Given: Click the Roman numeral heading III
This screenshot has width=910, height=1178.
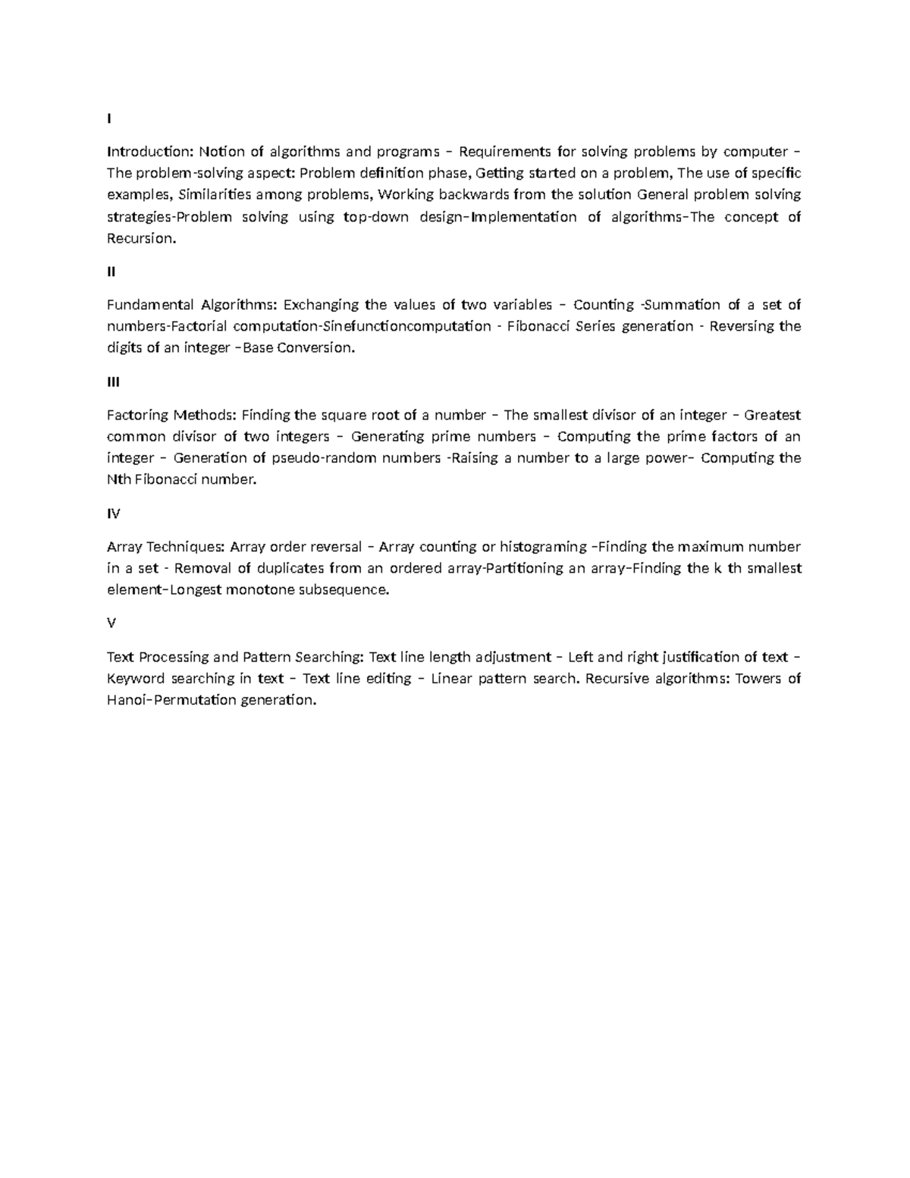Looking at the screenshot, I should [x=114, y=382].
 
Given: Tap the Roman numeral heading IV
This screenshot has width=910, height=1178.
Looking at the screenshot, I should [x=114, y=514].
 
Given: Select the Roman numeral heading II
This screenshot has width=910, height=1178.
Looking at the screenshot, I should [x=111, y=272].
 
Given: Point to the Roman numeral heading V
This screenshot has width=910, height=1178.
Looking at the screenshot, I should [x=111, y=623].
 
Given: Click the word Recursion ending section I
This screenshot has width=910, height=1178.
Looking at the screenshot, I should [x=140, y=239].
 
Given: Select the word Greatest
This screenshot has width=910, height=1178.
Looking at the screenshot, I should [x=772, y=415].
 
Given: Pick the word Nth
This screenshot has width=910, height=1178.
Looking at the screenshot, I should [x=118, y=479].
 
